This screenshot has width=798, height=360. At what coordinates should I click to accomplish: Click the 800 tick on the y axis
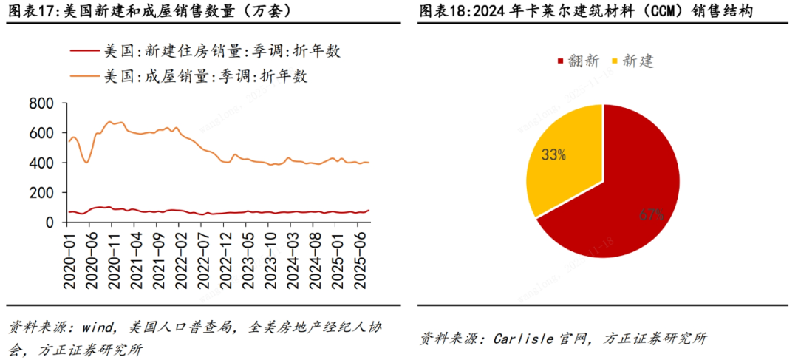[x=42, y=103]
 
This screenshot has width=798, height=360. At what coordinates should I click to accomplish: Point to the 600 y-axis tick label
[x=42, y=133]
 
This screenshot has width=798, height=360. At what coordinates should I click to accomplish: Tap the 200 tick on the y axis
[x=42, y=192]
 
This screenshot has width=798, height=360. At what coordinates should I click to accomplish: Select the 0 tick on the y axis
[x=50, y=222]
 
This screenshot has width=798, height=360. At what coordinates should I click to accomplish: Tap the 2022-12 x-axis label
[x=227, y=254]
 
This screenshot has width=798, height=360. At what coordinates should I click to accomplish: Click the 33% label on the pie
[x=554, y=155]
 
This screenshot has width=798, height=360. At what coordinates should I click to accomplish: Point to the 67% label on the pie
[x=652, y=215]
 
